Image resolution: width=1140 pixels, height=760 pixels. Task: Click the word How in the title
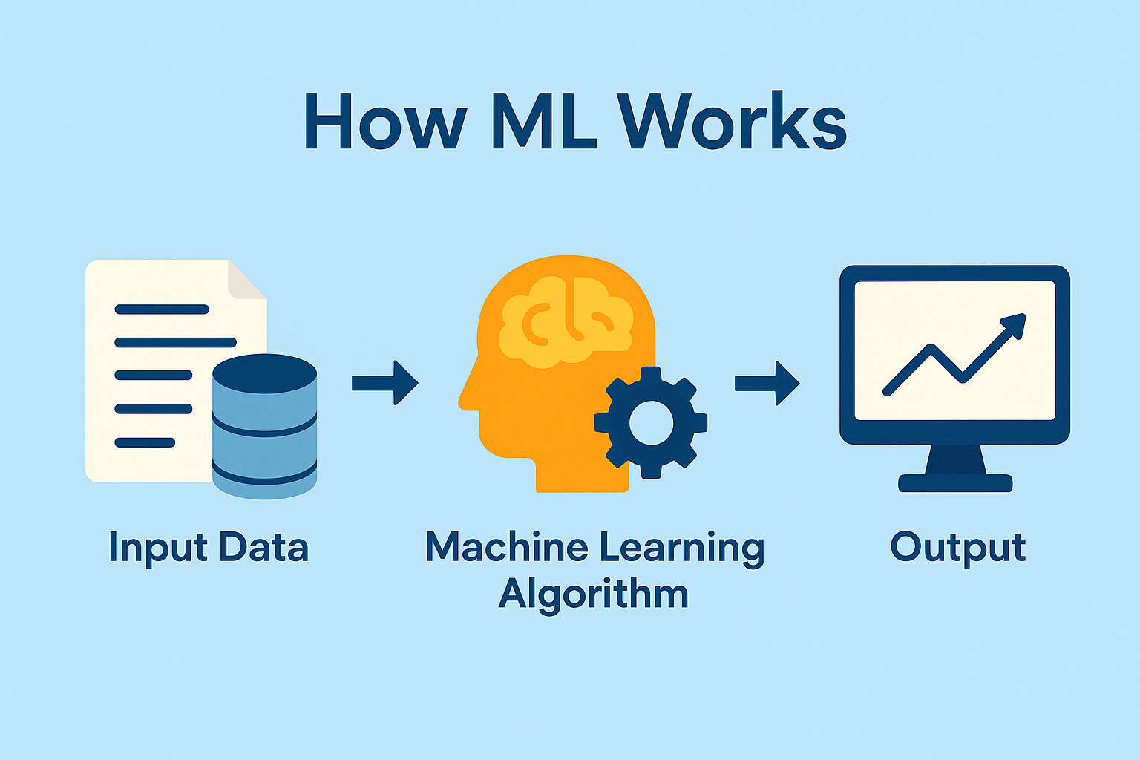click(384, 122)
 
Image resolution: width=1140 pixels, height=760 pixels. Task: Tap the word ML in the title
click(543, 122)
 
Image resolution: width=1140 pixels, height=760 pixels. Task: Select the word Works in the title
click(732, 122)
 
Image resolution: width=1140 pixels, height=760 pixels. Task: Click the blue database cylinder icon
click(264, 426)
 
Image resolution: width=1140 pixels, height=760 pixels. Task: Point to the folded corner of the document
click(247, 280)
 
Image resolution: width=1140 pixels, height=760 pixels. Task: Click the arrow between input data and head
click(385, 383)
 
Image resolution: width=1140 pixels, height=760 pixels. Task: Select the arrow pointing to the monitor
click(767, 383)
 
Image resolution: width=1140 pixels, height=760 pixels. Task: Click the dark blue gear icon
click(651, 423)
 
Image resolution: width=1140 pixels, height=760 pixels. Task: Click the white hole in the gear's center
click(651, 423)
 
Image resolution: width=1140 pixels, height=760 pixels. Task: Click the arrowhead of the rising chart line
click(1015, 324)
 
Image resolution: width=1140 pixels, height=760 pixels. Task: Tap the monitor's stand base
click(955, 483)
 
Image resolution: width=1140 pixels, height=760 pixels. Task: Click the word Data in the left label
click(263, 548)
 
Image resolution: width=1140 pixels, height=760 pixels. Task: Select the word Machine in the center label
click(506, 548)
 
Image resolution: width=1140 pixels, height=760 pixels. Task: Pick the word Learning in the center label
click(681, 549)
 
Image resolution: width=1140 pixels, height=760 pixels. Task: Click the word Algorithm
click(594, 594)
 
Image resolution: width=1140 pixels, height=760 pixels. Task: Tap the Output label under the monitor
click(957, 549)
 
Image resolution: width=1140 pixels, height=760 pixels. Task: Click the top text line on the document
click(162, 309)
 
